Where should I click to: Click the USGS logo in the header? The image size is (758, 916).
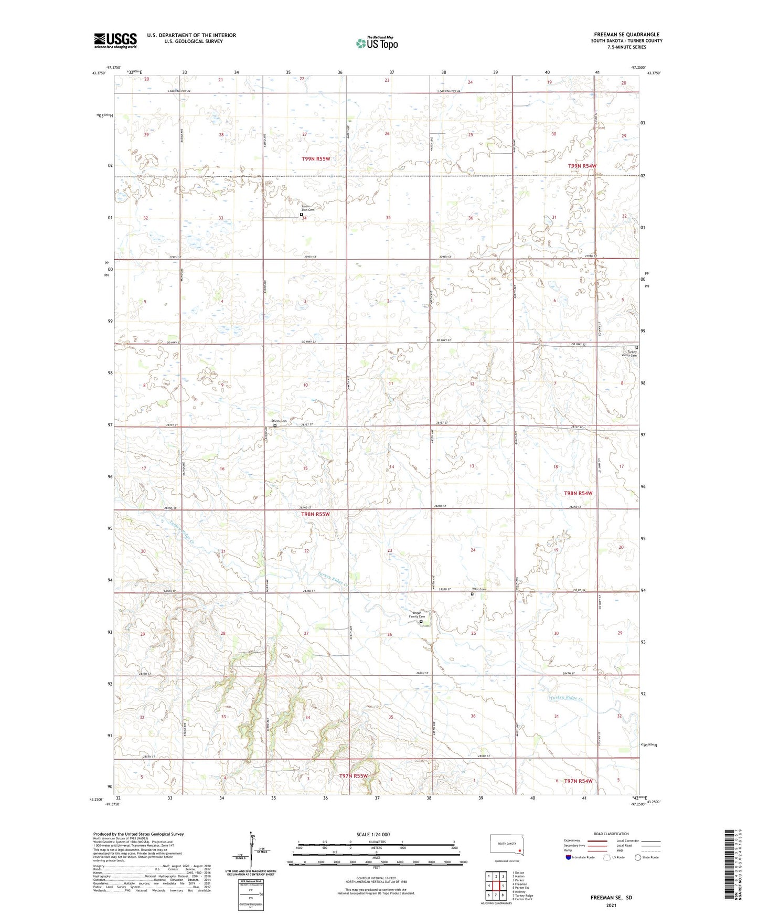click(115, 40)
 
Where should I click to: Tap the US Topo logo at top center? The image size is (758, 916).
click(377, 43)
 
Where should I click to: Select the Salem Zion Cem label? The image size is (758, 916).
click(307, 207)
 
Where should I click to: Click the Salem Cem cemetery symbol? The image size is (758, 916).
click(275, 426)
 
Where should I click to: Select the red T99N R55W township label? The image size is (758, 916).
click(316, 158)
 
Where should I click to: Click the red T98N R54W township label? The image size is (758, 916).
click(578, 493)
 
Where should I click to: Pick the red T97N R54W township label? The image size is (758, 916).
click(578, 781)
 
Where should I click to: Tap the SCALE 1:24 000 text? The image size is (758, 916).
click(373, 835)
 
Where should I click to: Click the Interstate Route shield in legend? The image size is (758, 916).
click(569, 858)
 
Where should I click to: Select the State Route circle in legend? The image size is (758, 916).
click(637, 858)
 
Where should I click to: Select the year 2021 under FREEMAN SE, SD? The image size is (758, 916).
click(611, 905)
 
